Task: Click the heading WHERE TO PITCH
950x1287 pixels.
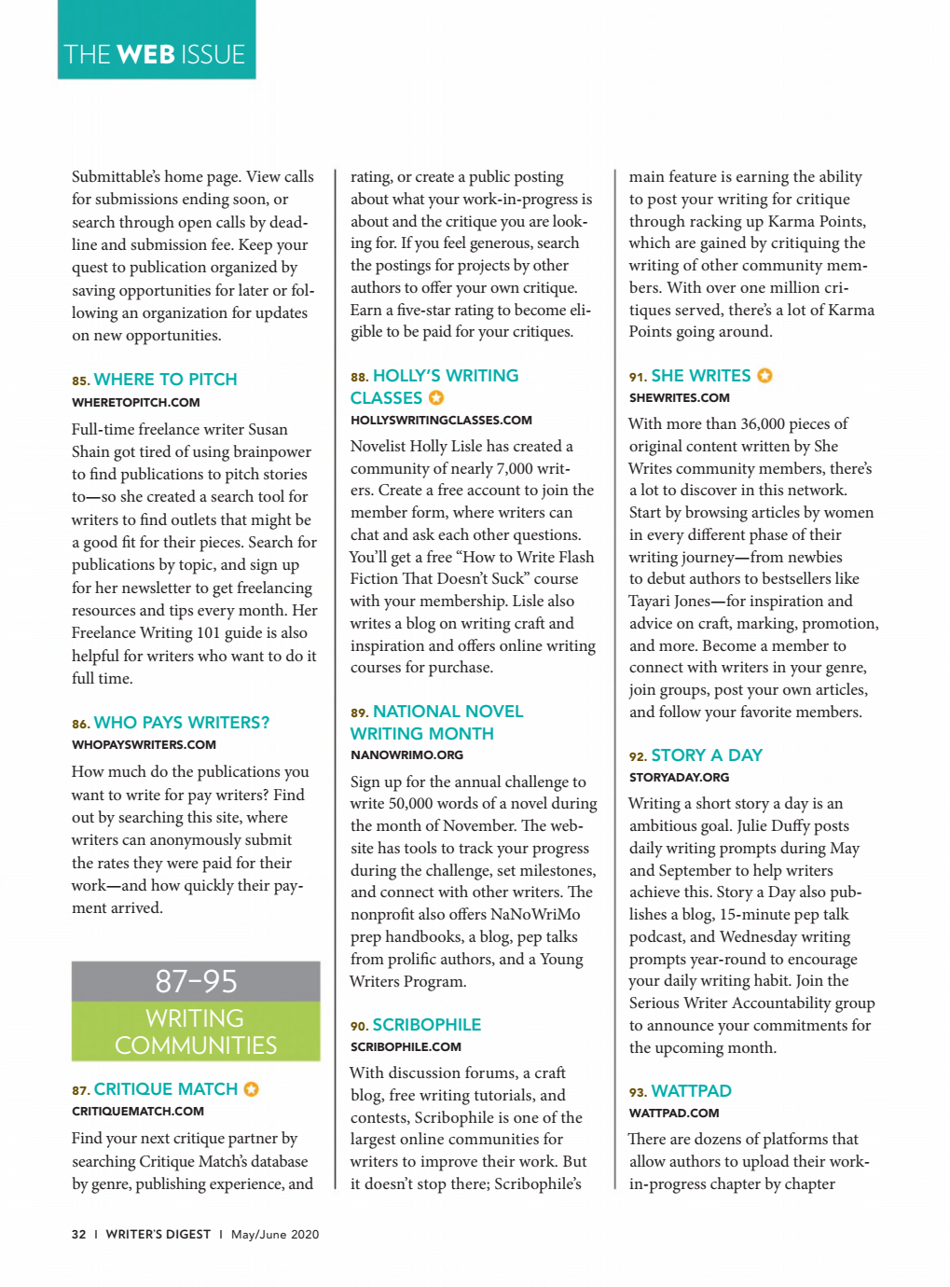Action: coord(165,380)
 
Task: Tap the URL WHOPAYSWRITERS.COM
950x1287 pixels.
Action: coord(144,745)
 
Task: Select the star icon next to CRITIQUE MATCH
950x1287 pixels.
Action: coord(251,1089)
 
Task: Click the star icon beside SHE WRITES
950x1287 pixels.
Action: coord(764,376)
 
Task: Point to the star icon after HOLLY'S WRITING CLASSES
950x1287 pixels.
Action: coord(436,398)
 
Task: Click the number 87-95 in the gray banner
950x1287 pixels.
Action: coord(196,981)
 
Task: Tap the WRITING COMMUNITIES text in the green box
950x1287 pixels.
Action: coord(196,1031)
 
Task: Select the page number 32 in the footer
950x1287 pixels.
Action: coord(78,1235)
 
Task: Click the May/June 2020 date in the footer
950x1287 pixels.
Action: coord(275,1235)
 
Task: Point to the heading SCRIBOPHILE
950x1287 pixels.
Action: coord(426,1025)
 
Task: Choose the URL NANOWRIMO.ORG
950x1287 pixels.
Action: coord(406,755)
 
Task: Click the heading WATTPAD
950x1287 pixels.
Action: coord(691,1091)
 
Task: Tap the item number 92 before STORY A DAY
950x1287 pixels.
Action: coord(637,756)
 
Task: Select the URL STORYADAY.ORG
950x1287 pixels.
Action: coord(679,778)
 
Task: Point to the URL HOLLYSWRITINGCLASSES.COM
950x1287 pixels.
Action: coord(441,421)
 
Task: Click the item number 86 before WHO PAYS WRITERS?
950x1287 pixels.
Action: coord(80,724)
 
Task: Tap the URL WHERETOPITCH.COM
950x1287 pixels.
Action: coord(135,403)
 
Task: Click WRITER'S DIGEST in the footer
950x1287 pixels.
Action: coord(158,1235)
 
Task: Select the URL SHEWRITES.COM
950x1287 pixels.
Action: coord(679,398)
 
